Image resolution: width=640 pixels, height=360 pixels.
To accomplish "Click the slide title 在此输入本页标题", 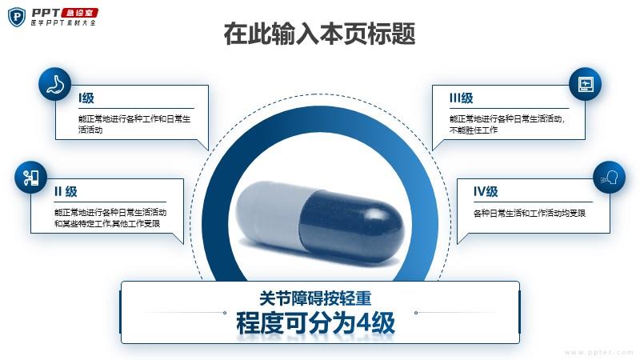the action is (319, 34).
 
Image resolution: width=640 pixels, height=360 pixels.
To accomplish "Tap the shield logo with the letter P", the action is (17, 17).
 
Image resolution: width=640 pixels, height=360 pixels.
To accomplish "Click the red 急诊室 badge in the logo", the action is (79, 13).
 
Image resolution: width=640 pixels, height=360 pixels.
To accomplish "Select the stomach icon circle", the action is (54, 84).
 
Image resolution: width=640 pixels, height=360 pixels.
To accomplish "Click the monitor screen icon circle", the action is (585, 84).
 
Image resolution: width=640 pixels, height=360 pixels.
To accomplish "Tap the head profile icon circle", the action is (609, 177).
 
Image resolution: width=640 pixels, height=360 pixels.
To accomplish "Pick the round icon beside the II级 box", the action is (30, 177).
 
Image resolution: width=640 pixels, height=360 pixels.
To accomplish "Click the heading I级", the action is (86, 98).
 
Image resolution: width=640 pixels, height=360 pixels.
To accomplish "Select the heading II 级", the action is (66, 191).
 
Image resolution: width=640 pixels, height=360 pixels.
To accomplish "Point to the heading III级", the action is (462, 98).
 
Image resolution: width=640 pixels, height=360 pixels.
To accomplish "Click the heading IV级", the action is (486, 191).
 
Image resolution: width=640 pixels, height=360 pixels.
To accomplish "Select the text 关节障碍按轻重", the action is (315, 298).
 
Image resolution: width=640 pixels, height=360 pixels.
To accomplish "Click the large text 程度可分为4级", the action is (315, 323).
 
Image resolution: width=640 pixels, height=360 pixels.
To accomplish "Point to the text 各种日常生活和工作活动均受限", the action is (530, 213).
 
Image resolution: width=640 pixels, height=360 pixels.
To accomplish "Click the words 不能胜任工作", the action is (474, 130).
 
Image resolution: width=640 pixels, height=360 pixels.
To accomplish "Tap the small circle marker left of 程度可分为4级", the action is (225, 313).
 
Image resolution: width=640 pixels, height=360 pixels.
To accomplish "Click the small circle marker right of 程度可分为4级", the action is (416, 313).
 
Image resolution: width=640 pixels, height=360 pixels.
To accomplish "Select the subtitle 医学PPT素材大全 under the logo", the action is (63, 23).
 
